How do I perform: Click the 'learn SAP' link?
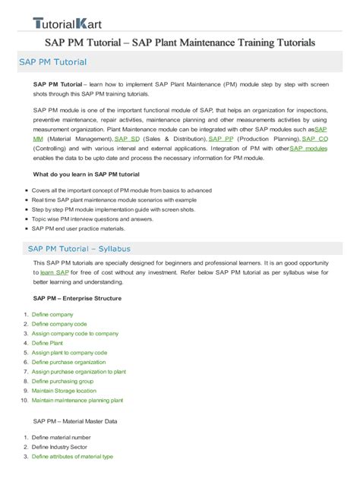click(x=54, y=272)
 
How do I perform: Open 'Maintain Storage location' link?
click(x=64, y=390)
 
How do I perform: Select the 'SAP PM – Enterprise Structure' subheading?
click(x=77, y=299)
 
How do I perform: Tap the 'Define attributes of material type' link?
click(x=72, y=457)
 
